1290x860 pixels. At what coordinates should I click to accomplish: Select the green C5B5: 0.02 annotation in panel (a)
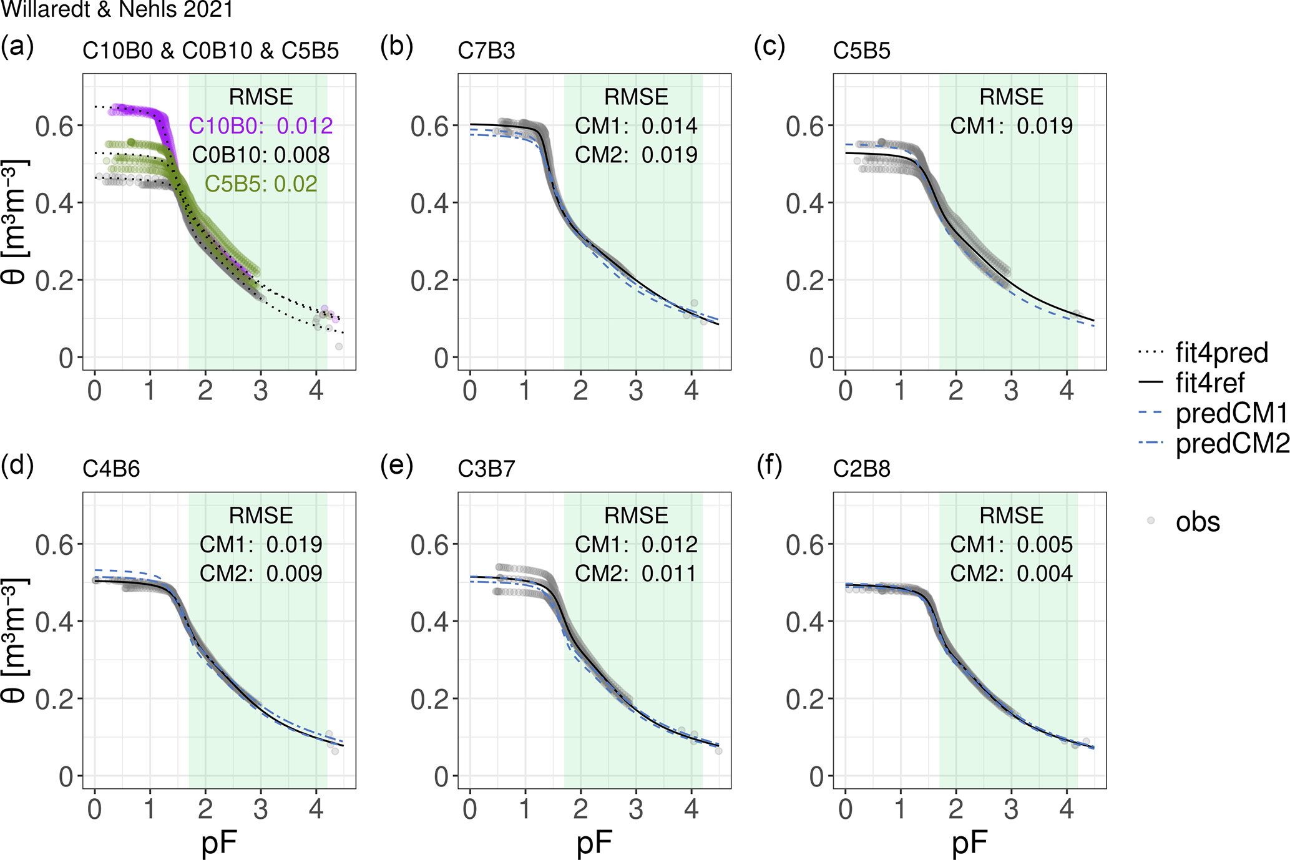click(x=261, y=184)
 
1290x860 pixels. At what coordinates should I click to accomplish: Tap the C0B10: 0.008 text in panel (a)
click(x=261, y=155)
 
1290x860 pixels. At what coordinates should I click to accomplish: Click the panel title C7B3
click(x=486, y=51)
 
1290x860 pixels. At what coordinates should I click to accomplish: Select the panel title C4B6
click(x=111, y=469)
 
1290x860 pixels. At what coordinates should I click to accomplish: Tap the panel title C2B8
click(x=861, y=469)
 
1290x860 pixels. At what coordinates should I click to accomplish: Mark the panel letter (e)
click(x=397, y=466)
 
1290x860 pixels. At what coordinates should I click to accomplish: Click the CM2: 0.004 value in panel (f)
click(x=1011, y=574)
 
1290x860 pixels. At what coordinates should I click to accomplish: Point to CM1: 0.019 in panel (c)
click(x=1011, y=126)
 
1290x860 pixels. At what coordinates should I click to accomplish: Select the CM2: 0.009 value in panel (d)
click(x=261, y=574)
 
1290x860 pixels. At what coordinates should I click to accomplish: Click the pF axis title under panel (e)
click(x=594, y=843)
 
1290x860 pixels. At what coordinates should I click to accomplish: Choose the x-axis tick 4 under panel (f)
click(x=1067, y=809)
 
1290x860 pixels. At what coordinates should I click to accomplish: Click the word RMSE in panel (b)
click(x=636, y=97)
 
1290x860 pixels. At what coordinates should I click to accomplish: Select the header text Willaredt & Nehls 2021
click(x=117, y=9)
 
